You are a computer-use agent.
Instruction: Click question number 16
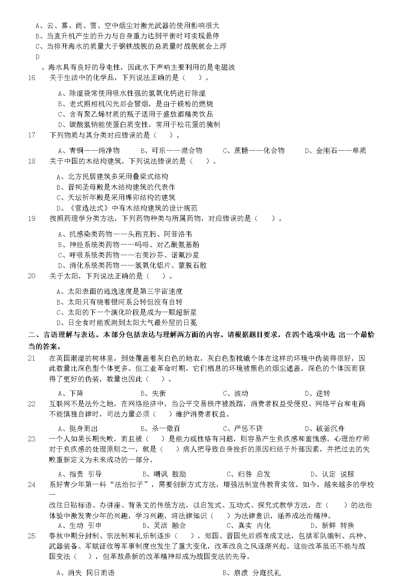(32, 78)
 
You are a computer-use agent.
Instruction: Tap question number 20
(32, 276)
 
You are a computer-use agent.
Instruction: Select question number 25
(32, 536)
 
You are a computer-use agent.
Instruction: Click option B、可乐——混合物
(171, 151)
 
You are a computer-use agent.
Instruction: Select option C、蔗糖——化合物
(253, 151)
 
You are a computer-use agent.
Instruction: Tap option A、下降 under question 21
(71, 393)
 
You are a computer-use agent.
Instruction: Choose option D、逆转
(318, 393)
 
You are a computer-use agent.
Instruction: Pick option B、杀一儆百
(160, 428)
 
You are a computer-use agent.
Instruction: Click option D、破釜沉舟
(325, 428)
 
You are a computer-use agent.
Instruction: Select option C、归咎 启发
(248, 474)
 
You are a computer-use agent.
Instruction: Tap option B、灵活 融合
(164, 526)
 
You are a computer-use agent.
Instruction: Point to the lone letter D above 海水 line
(38, 57)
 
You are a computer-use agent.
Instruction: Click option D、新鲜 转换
(332, 526)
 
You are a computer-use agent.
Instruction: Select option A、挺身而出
(78, 428)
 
